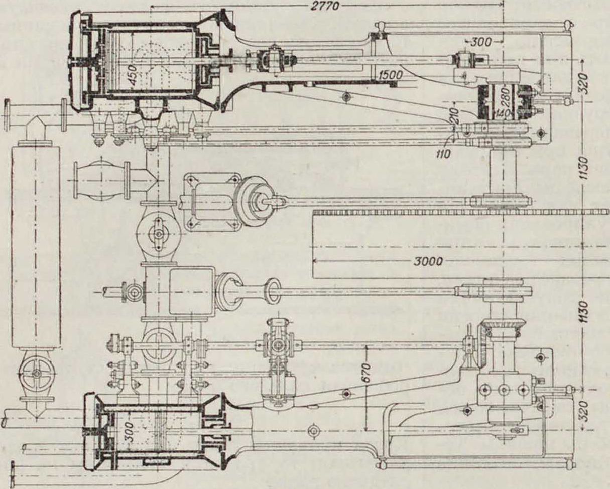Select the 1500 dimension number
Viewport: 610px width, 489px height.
point(392,75)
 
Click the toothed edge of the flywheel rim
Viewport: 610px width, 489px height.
point(452,213)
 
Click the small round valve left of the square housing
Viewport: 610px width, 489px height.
point(133,292)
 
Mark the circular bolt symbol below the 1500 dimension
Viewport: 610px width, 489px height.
point(345,95)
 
